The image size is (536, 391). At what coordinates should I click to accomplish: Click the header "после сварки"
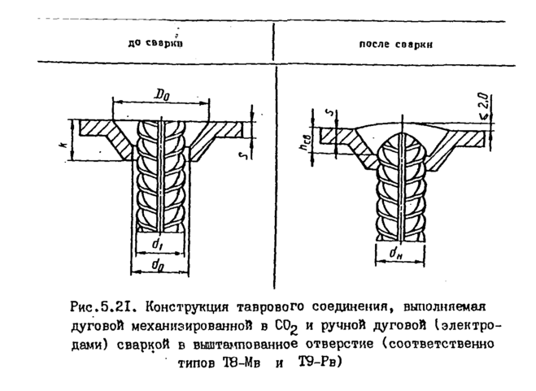click(x=394, y=45)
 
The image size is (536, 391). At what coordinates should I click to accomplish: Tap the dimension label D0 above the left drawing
click(x=161, y=95)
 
